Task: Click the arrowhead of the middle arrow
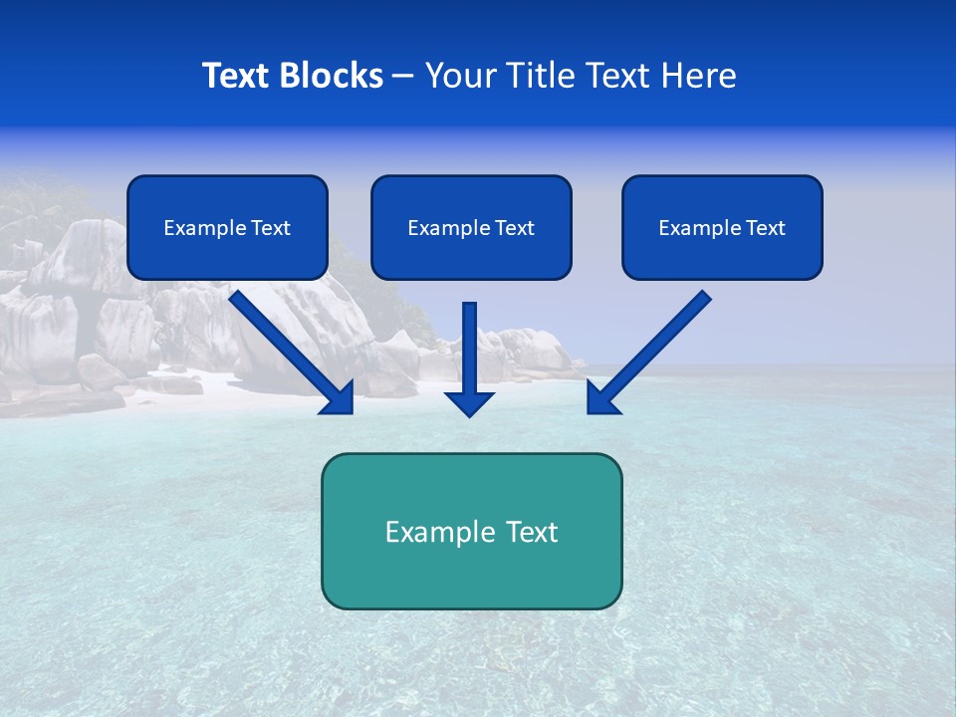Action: [x=470, y=402]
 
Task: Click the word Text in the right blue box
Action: [x=766, y=228]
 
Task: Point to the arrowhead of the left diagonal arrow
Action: [x=339, y=397]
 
